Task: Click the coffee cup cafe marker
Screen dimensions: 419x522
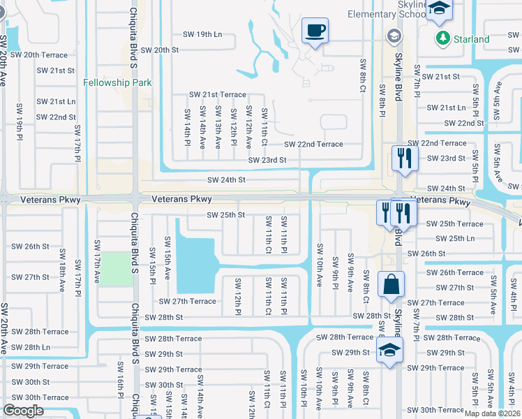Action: (315, 31)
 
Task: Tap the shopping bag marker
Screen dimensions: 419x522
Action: (391, 285)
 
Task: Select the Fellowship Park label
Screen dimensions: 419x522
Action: (117, 82)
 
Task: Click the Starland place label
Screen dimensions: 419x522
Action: (470, 39)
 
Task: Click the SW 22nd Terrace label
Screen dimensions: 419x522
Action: (313, 144)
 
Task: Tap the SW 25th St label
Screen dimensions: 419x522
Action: (225, 215)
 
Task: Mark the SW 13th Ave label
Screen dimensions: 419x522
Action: (218, 126)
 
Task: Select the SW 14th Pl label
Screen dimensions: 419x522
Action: (187, 126)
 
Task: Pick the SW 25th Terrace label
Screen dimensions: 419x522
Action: (454, 223)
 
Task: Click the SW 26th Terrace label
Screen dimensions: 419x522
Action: (454, 272)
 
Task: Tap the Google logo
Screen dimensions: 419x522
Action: (24, 411)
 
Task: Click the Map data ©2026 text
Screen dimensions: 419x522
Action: (492, 413)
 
